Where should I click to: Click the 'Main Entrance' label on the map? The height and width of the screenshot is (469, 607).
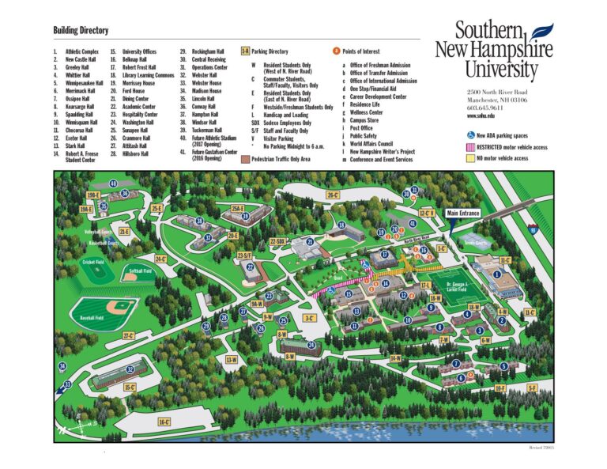463,213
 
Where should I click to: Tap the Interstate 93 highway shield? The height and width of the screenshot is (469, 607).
534,229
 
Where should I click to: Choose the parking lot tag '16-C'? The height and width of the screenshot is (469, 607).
164,422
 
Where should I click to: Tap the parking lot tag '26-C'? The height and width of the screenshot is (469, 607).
333,195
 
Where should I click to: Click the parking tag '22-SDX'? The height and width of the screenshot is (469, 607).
277,241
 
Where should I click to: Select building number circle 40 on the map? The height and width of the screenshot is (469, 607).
114,184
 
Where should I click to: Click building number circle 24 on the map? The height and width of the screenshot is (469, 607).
311,345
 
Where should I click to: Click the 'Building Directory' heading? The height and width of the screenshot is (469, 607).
80,30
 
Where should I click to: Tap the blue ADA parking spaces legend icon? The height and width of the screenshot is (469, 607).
470,134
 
